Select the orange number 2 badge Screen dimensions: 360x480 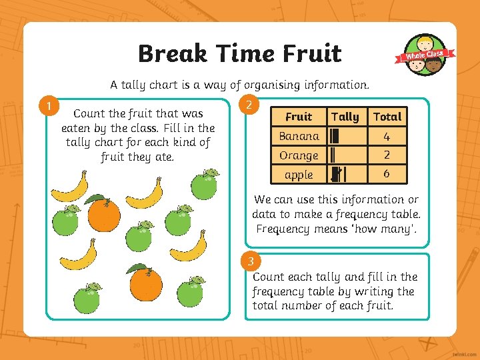[248, 105]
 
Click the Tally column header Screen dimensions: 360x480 [345, 117]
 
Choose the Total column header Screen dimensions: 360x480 [387, 117]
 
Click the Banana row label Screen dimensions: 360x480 [299, 136]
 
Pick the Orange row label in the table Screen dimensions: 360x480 [299, 155]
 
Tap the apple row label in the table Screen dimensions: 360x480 [299, 175]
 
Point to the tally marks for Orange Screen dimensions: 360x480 [333, 156]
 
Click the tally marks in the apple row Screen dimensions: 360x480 [338, 175]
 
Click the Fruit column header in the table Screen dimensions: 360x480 [299, 117]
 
